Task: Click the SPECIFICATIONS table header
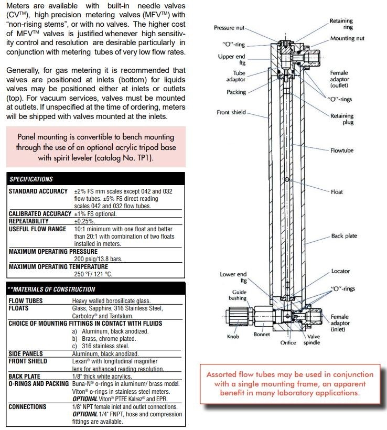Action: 31,179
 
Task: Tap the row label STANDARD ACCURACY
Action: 38,191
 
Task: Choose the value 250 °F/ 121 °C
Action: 93,274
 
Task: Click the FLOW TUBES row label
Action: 26,301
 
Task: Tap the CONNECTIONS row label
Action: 27,406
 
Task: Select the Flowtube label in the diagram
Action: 342,150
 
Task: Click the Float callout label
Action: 337,192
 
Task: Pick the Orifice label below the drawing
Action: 288,343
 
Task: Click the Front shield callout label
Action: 231,112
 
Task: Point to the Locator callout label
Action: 340,271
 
